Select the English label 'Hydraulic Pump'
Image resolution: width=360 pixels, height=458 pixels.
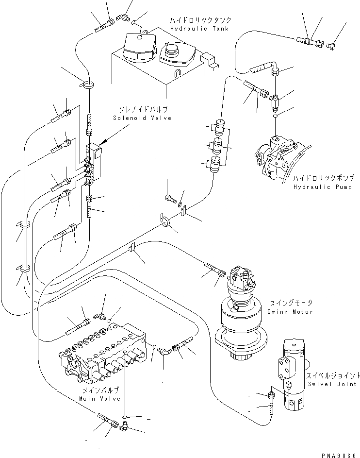pos(319,187)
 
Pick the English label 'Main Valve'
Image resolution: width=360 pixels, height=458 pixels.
pos(98,398)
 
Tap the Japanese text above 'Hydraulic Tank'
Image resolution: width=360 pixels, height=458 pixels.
pos(200,20)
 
